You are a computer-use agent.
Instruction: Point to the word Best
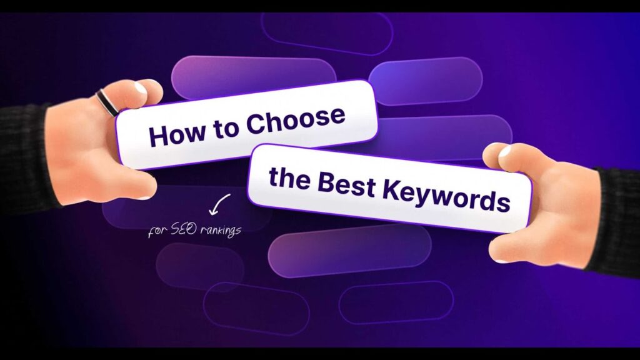[x=346, y=184]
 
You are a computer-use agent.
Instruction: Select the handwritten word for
[x=157, y=231]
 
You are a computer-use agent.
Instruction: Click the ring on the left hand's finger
[x=107, y=102]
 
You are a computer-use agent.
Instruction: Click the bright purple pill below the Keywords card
[x=349, y=249]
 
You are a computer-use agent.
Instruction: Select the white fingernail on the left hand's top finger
[x=142, y=88]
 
